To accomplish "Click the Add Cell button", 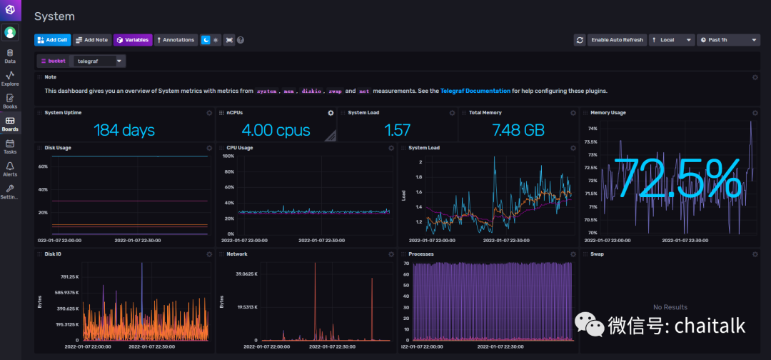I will [53, 40].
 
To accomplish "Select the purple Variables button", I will [133, 40].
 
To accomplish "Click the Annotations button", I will [176, 40].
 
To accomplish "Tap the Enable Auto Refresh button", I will [617, 40].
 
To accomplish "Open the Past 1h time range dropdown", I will [728, 40].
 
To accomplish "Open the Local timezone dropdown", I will [671, 40].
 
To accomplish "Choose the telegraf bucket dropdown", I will [99, 61].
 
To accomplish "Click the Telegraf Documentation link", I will [475, 91].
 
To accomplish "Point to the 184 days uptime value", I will [124, 130].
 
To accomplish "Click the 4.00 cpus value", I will [276, 130].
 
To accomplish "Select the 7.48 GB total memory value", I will [518, 130].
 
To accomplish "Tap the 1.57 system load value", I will [398, 130].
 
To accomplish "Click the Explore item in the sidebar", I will [10, 79].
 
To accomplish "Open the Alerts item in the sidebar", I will [10, 169].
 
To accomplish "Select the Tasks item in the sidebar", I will [10, 146].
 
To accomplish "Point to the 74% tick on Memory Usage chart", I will [592, 129].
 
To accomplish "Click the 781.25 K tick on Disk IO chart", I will [69, 276].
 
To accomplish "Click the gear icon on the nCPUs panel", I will [331, 113].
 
